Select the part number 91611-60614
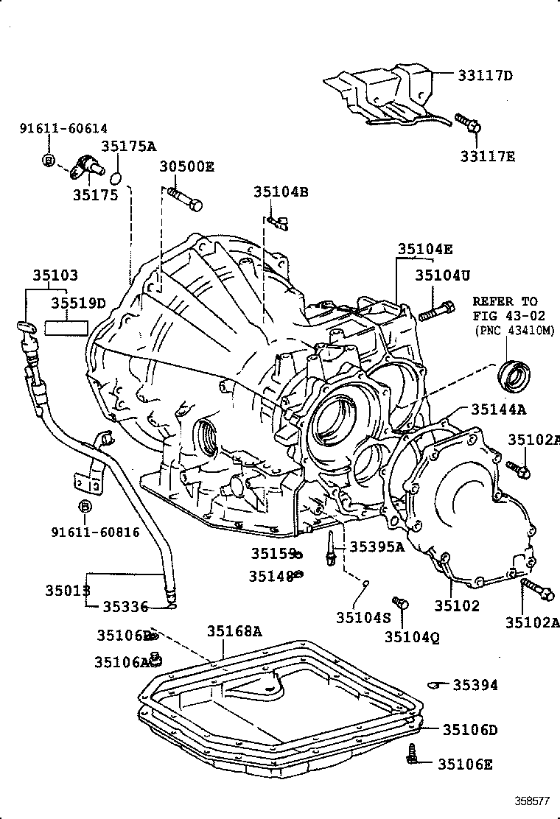68,128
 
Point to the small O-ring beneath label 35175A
116,177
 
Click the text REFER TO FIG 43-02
505,309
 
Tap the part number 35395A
377,546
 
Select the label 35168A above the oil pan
234,630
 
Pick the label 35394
475,686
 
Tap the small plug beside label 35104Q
401,604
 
